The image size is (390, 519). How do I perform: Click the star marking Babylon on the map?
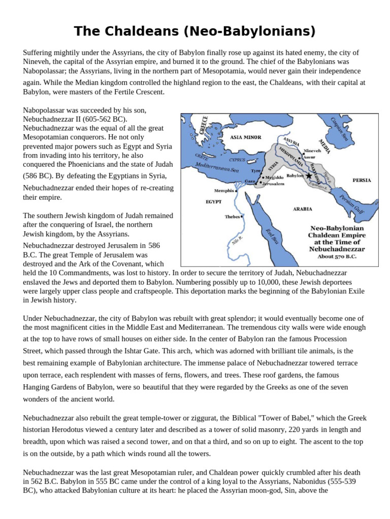click(x=308, y=175)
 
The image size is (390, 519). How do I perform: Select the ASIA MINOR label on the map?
click(x=245, y=137)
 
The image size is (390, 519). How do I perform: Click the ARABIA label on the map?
click(x=302, y=208)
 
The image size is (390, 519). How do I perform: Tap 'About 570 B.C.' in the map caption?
click(x=333, y=257)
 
